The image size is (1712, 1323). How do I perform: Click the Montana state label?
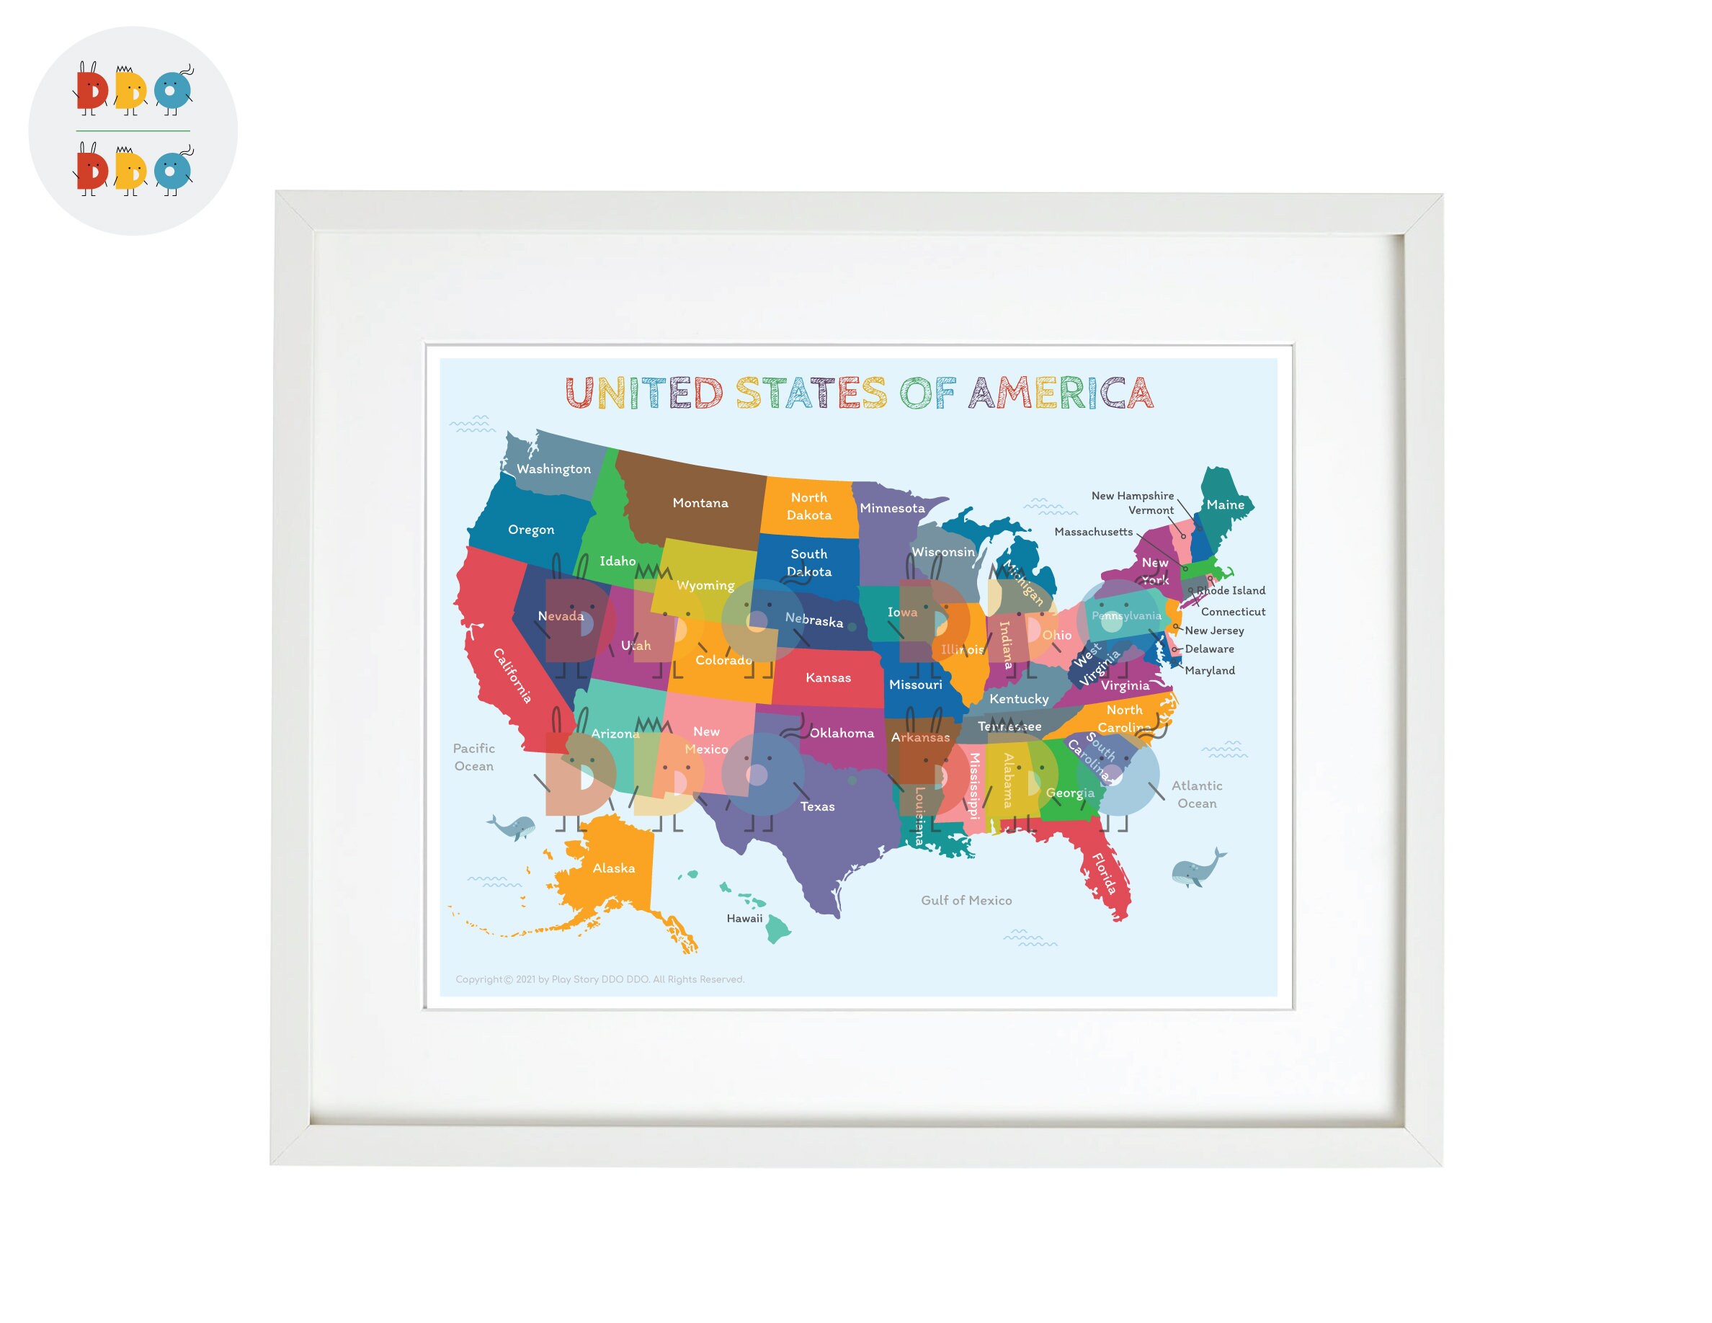(700, 503)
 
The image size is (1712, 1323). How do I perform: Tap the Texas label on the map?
(817, 806)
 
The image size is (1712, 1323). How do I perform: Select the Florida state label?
(1104, 873)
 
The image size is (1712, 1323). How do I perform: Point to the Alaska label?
(614, 868)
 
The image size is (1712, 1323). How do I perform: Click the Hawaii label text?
(744, 919)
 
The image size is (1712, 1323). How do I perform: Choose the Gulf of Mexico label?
(966, 901)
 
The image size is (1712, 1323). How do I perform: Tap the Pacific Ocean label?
(473, 757)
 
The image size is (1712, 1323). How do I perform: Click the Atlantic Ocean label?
(1196, 794)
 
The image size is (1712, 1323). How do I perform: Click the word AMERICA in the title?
(1061, 393)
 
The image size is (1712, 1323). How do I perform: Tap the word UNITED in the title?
(643, 393)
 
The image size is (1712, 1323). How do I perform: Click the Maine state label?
(1224, 504)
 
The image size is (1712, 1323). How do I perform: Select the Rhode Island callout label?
(1231, 591)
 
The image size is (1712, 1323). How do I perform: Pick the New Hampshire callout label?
(1132, 496)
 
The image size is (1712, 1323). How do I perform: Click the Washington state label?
(553, 468)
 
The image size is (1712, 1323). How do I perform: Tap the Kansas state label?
(828, 678)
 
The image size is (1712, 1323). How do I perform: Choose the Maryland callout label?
(1210, 671)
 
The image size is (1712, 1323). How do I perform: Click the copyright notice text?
(599, 979)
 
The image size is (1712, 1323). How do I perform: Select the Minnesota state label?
(892, 508)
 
